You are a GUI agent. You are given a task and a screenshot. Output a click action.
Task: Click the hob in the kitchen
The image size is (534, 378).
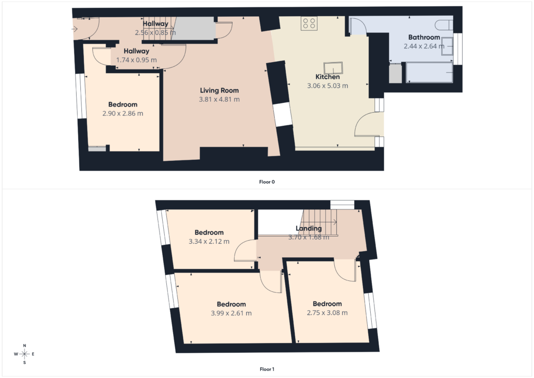(x=309, y=23)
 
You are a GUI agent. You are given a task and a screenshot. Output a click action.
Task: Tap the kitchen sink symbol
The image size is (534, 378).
(x=333, y=68)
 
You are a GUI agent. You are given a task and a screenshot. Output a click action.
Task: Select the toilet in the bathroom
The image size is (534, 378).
(x=444, y=25)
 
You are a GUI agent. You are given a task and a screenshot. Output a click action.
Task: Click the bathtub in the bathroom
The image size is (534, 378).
(x=429, y=72)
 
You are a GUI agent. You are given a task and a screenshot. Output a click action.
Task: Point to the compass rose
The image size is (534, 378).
(x=25, y=354)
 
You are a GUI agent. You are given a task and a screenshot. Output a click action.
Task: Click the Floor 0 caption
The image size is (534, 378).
(x=267, y=182)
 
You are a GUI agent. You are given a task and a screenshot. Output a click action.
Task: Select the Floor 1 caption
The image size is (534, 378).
(x=267, y=369)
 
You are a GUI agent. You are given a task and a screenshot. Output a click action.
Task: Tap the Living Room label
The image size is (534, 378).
(x=220, y=90)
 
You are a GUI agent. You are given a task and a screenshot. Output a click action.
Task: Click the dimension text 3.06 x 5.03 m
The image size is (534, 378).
(x=327, y=86)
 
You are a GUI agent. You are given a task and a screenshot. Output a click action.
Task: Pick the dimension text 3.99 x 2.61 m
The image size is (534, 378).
(x=231, y=313)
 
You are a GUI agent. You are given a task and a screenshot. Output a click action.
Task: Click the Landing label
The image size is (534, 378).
(x=309, y=228)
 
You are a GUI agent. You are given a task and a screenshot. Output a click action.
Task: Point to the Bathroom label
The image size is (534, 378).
(x=424, y=37)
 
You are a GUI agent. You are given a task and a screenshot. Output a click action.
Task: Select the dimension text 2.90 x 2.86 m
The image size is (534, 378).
(x=123, y=113)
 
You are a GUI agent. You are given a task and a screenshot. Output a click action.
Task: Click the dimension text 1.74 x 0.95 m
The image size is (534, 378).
(x=136, y=60)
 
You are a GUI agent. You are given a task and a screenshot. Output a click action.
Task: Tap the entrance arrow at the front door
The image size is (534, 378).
(x=75, y=29)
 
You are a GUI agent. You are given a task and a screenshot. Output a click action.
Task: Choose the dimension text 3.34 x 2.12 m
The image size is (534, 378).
(x=209, y=241)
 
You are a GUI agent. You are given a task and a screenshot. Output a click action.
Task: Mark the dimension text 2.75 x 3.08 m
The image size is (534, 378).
(x=327, y=313)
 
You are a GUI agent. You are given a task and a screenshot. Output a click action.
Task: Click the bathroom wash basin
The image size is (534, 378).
(x=447, y=46)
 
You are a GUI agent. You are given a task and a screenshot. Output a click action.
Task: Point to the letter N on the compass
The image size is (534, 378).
(x=25, y=346)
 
